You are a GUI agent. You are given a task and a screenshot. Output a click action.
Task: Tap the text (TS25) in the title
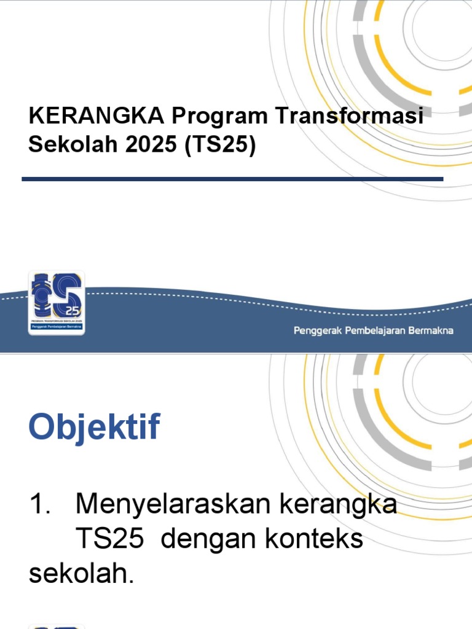coord(219,146)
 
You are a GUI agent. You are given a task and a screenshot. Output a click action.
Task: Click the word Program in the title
coord(218,116)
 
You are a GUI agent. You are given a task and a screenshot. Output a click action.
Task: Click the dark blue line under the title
coord(232,179)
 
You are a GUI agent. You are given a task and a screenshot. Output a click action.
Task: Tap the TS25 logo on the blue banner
coord(57,303)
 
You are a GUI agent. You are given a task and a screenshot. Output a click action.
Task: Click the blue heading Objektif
coord(94,428)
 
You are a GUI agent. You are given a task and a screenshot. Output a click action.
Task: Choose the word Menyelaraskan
coord(173,505)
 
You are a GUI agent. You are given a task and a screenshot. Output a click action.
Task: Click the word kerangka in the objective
coord(338,505)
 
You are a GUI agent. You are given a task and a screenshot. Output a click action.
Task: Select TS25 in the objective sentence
coord(110,539)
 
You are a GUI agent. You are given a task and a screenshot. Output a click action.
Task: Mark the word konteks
coord(315,539)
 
